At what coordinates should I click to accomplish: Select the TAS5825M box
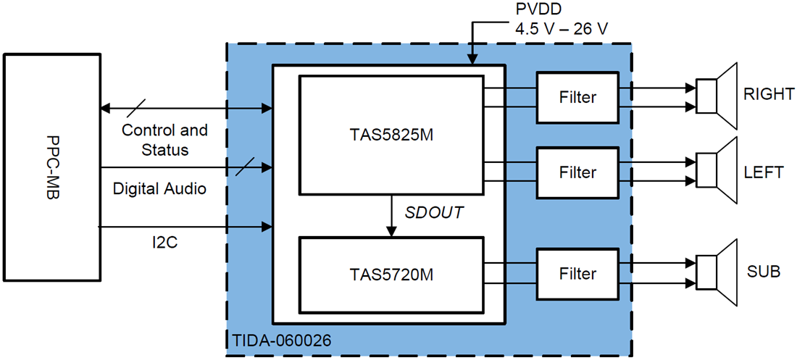click(x=391, y=135)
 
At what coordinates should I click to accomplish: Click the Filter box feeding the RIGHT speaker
click(x=577, y=97)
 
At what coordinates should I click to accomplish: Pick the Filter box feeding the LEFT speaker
click(x=577, y=172)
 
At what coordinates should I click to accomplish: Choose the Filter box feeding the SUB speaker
click(x=577, y=274)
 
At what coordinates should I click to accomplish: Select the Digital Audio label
click(x=159, y=189)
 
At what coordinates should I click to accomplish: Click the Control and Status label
click(x=164, y=140)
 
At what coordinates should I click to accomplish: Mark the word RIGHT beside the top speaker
click(x=768, y=95)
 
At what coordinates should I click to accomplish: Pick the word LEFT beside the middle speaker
click(x=763, y=172)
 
